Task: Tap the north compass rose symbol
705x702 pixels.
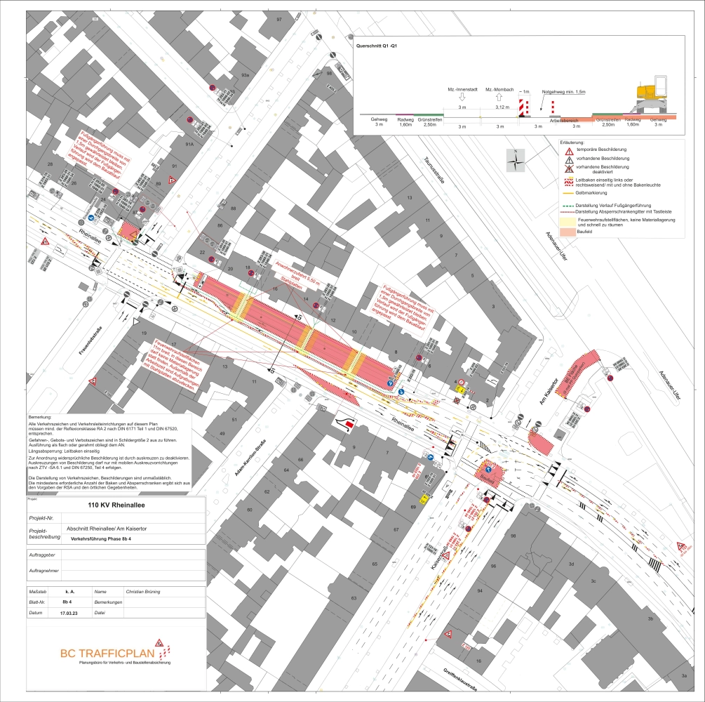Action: click(516, 161)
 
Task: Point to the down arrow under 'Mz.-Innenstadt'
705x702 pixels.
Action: click(462, 100)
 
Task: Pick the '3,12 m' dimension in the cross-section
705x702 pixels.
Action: click(500, 107)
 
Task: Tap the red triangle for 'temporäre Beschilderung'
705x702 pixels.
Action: click(565, 150)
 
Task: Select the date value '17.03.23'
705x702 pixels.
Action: click(69, 612)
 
